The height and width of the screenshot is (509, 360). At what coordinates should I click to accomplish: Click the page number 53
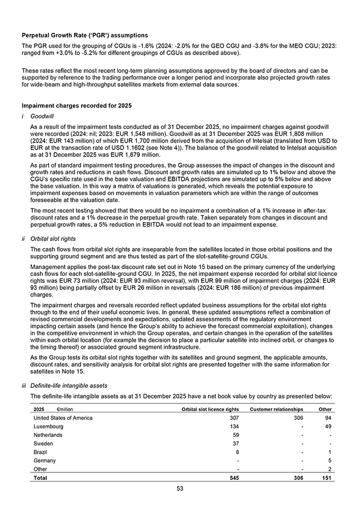pos(180,488)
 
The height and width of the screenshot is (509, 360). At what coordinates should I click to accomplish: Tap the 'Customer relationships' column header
pos(276,409)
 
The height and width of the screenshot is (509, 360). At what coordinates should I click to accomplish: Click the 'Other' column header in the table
pos(325,409)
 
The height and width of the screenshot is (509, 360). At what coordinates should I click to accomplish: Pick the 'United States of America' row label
pos(63,418)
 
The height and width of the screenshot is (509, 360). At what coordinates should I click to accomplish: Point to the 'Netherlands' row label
pos(48,435)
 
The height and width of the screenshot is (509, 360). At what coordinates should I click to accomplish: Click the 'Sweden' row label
pos(43,443)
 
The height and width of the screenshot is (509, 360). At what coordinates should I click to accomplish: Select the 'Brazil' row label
pos(40,452)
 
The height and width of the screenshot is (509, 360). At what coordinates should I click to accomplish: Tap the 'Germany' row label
pos(45,461)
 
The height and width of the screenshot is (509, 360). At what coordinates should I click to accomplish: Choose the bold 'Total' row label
pos(40,478)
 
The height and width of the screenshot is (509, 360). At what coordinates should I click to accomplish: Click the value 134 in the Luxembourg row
pos(233,426)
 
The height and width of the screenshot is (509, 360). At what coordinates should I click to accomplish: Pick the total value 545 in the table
pos(233,478)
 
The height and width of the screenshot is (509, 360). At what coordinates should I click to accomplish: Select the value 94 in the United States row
pos(328,418)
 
